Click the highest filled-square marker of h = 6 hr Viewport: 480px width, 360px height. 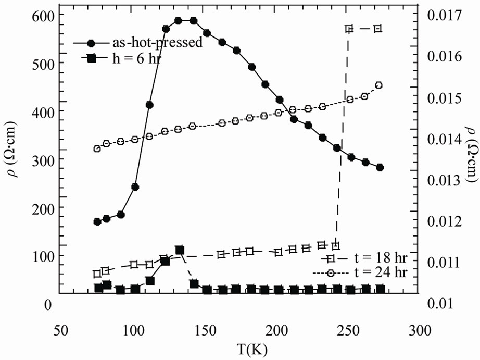coord(180,251)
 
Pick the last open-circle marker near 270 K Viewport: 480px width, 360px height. coord(379,85)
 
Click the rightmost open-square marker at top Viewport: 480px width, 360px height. coord(378,28)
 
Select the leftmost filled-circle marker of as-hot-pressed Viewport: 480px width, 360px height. coord(97,221)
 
